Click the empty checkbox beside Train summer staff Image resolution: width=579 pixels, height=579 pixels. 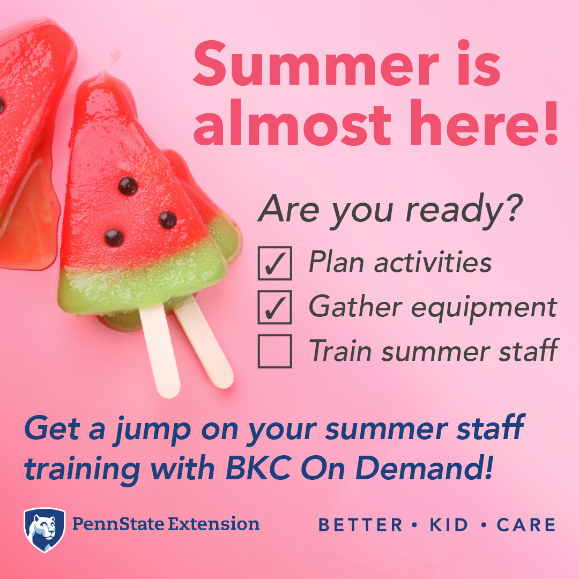tap(274, 351)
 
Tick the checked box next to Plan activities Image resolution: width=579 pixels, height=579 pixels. tap(274, 263)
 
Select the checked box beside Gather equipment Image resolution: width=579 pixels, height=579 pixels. tap(274, 307)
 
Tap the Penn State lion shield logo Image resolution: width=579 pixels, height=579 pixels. tap(44, 530)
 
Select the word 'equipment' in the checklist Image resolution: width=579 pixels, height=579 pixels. tap(484, 308)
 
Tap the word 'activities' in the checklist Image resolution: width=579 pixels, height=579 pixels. tap(433, 262)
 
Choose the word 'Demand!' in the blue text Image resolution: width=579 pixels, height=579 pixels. tap(424, 468)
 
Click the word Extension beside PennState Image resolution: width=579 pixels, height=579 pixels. tap(214, 524)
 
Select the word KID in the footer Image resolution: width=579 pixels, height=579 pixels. tap(449, 525)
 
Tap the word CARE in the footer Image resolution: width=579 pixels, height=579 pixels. tap(526, 525)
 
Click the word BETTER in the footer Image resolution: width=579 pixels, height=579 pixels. tap(360, 525)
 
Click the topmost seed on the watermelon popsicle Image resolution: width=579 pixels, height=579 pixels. tap(128, 185)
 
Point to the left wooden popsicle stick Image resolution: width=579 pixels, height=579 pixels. tap(160, 351)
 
